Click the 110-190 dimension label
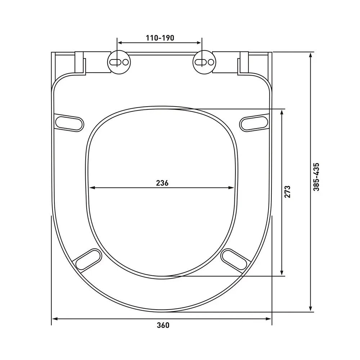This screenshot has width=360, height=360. [x=160, y=38]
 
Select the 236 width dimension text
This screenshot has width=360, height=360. [x=162, y=183]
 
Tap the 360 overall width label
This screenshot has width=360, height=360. [x=163, y=325]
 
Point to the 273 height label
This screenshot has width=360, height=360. [x=287, y=192]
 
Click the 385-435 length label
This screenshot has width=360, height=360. [x=316, y=177]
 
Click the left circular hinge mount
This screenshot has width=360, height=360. [x=119, y=62]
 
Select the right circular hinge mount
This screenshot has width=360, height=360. [x=204, y=62]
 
